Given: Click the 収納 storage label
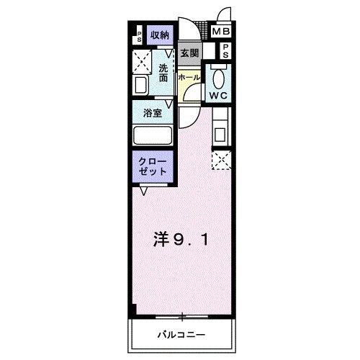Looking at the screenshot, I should click(159, 35).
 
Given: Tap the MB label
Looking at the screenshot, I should click(221, 32).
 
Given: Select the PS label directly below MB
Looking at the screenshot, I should click(225, 51).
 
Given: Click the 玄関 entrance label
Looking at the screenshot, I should click(189, 53).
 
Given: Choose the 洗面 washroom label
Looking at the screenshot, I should click(164, 73).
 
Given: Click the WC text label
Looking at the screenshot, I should click(219, 94).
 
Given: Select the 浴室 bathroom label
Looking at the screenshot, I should click(152, 113).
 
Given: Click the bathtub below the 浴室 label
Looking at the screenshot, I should click(152, 135).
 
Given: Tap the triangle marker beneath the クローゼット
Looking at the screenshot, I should click(145, 191).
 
